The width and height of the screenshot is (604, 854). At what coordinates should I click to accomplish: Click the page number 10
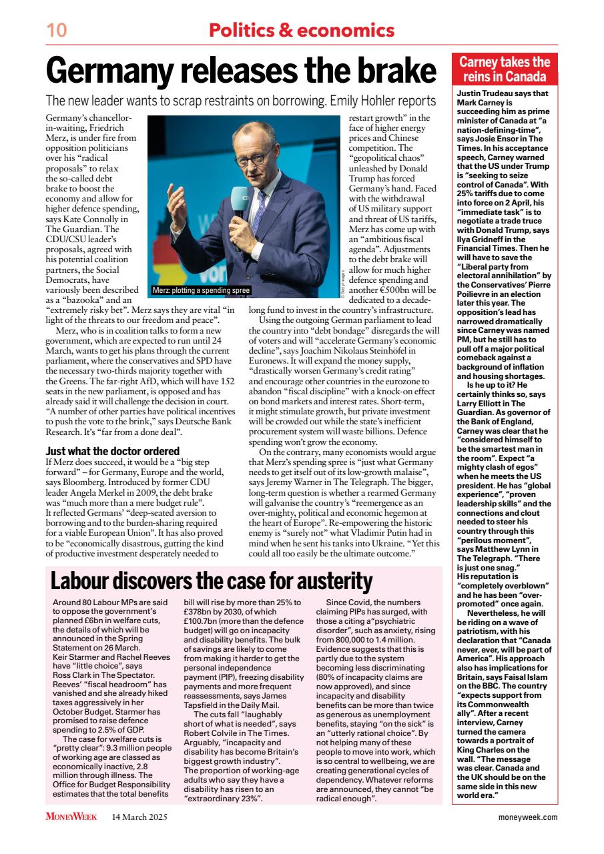click(x=57, y=30)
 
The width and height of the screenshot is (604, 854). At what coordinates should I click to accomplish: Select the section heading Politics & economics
click(x=302, y=30)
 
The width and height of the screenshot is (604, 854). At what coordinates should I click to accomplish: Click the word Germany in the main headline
click(x=121, y=70)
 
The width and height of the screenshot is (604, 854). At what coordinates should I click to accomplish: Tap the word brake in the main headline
click(x=390, y=70)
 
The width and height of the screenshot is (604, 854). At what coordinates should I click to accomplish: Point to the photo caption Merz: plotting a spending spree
click(x=201, y=290)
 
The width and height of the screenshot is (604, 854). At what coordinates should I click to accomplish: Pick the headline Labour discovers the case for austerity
click(x=212, y=581)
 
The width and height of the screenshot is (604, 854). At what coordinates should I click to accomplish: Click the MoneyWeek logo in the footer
click(x=71, y=817)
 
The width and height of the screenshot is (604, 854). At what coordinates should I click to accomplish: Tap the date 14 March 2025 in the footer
click(x=139, y=817)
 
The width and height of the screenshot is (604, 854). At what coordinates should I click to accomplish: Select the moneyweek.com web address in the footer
click(x=528, y=817)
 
